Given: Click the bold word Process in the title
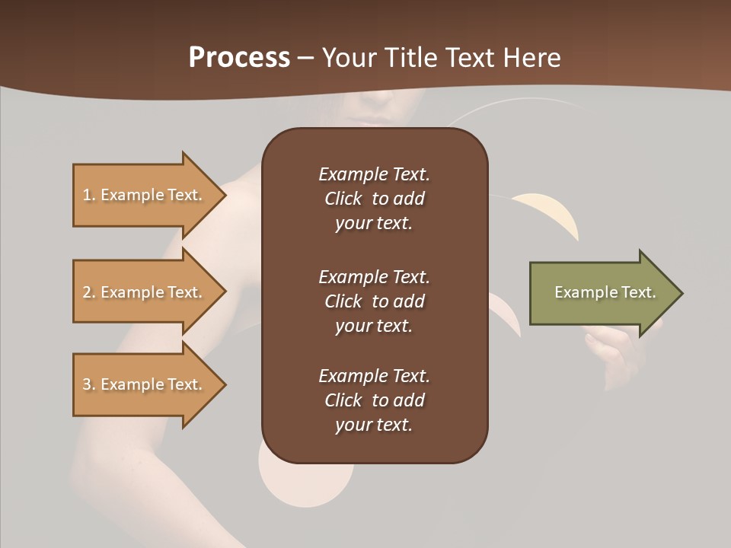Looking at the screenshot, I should coord(239,57).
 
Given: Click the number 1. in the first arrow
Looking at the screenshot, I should coord(89,195).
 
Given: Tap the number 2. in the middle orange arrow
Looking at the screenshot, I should coord(89,292).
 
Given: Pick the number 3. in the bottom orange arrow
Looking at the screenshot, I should coord(89,384).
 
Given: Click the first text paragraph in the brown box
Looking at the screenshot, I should coord(374,199).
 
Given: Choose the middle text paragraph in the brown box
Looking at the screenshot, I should coord(374,301).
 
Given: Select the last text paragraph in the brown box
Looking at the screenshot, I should coord(374,400).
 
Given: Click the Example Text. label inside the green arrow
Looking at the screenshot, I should coord(605,292).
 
